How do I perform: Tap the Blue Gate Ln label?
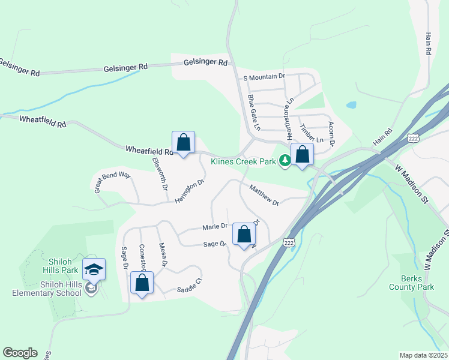pos(254,112)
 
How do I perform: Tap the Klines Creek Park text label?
pos(243,161)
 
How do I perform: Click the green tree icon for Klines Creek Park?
pos(285,160)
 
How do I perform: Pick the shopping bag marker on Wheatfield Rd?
pos(184,143)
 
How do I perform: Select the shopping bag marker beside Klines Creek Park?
pos(302,154)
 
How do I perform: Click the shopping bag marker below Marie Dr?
pos(244,235)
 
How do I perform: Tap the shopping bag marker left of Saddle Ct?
pos(142,283)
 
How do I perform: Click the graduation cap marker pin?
pos(94,269)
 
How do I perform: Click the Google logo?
pos(20,353)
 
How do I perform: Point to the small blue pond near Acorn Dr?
pos(351,105)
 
